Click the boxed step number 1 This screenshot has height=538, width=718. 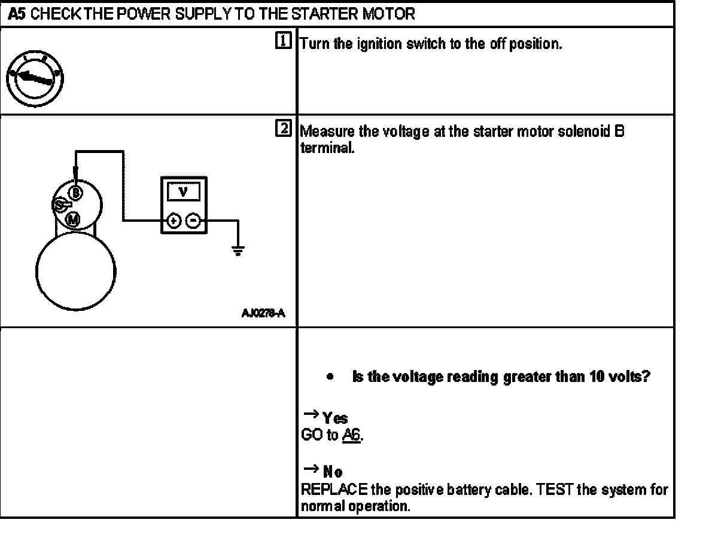(284, 41)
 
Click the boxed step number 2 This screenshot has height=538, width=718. (284, 128)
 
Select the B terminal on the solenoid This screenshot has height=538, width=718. (75, 192)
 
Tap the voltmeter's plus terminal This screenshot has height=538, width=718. (173, 221)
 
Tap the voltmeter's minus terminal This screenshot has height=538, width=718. (193, 221)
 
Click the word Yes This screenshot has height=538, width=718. (336, 418)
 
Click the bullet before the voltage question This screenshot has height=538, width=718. (330, 378)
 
